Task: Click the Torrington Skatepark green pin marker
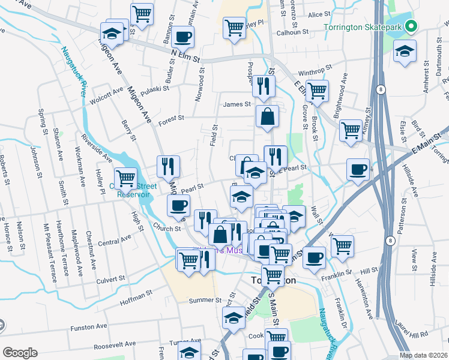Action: click(411, 26)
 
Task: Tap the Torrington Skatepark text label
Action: click(363, 27)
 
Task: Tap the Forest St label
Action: click(170, 121)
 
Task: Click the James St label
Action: click(237, 104)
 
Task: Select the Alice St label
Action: click(315, 14)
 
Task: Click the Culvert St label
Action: click(110, 279)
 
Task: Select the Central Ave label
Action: click(114, 242)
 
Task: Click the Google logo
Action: click(20, 352)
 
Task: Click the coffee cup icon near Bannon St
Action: click(182, 37)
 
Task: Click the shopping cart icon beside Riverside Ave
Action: click(125, 178)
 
